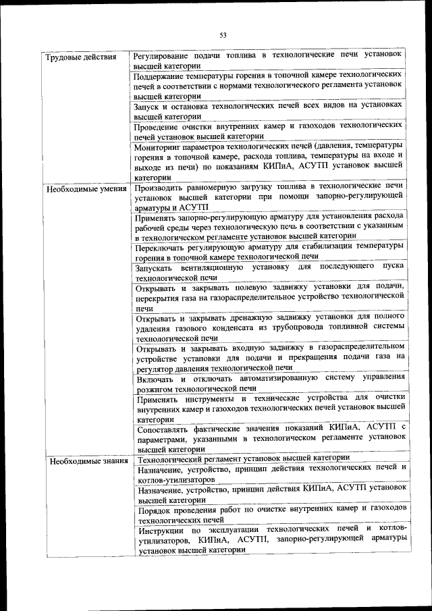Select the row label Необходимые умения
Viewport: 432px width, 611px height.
point(86,189)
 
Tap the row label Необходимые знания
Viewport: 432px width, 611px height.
point(86,462)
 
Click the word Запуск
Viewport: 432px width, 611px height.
point(148,106)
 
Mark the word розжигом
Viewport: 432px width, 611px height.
point(156,388)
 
